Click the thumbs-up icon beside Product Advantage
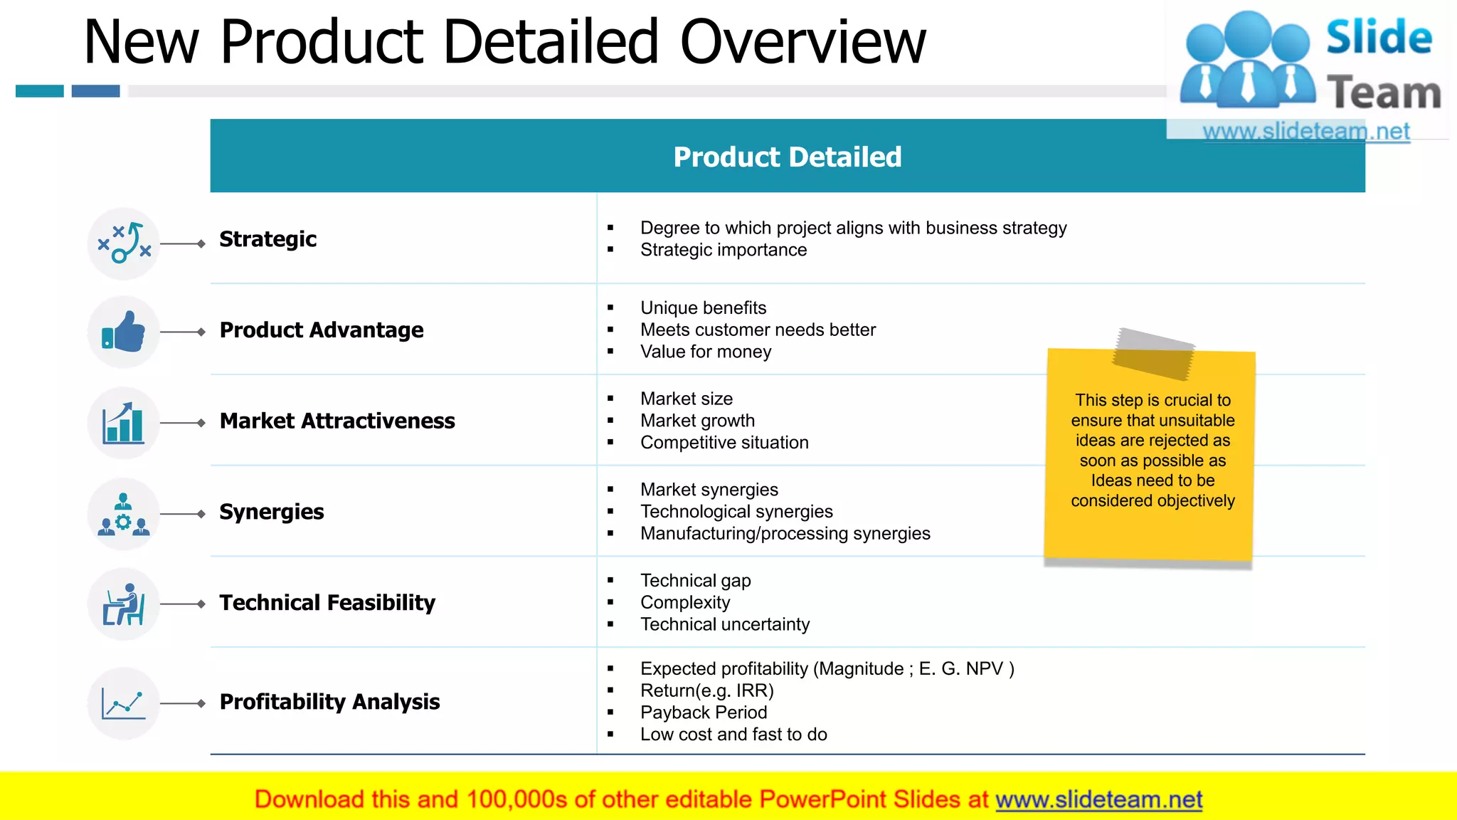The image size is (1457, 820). point(124,332)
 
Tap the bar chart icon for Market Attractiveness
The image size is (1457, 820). point(124,423)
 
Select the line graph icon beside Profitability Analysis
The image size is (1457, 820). point(124,703)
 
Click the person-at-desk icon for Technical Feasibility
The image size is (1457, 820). point(124,604)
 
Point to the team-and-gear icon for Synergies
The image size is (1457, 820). point(124,514)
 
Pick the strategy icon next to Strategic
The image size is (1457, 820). point(124,243)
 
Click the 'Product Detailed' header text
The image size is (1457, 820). point(787,157)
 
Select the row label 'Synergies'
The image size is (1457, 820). point(271,512)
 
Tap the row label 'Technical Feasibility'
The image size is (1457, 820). point(327,603)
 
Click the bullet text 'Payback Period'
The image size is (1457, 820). point(703,713)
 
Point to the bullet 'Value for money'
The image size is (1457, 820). point(705,352)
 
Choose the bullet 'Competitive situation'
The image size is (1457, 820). point(724,443)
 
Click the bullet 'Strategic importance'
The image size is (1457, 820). point(723,250)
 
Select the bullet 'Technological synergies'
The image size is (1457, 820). point(736,512)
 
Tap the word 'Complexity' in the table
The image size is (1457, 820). point(685,603)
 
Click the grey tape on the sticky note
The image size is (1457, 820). point(1153,354)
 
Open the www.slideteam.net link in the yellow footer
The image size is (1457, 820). point(1098,799)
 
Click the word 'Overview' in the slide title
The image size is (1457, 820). point(803,42)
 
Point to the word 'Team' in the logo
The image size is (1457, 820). point(1384,93)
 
